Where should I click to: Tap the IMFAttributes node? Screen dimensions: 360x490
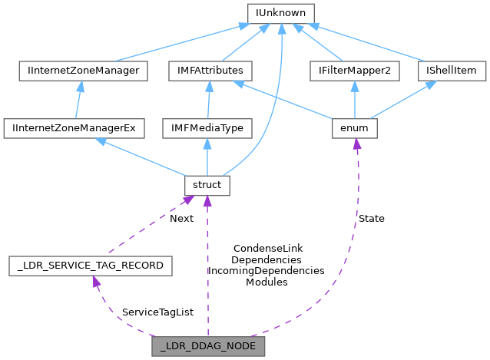[x=206, y=71]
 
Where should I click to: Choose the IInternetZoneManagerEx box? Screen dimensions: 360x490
[x=73, y=127]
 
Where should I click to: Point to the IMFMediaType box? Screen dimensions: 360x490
[x=206, y=127]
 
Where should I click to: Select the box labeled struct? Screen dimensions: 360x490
[x=206, y=185]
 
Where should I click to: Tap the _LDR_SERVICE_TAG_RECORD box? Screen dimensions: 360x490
[x=91, y=266]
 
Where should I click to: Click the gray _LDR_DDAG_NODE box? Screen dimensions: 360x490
[x=209, y=346]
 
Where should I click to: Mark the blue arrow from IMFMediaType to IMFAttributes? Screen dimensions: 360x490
[x=206, y=100]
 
